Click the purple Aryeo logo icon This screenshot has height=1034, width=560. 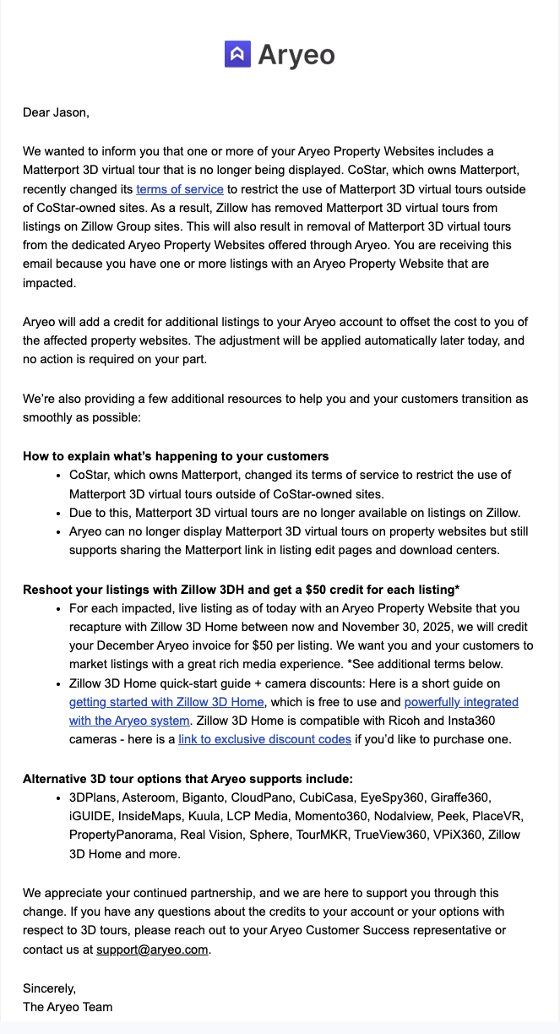tap(237, 54)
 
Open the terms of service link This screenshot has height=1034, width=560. tap(180, 189)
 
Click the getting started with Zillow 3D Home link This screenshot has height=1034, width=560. tap(166, 702)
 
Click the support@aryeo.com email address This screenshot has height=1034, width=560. tap(152, 949)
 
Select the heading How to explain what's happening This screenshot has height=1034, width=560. tap(176, 456)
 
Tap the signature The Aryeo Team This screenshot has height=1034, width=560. tap(68, 1006)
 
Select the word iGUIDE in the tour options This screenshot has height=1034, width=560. tap(90, 816)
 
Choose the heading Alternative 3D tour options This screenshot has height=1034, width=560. tap(188, 779)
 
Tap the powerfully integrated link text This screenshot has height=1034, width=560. tap(461, 702)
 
